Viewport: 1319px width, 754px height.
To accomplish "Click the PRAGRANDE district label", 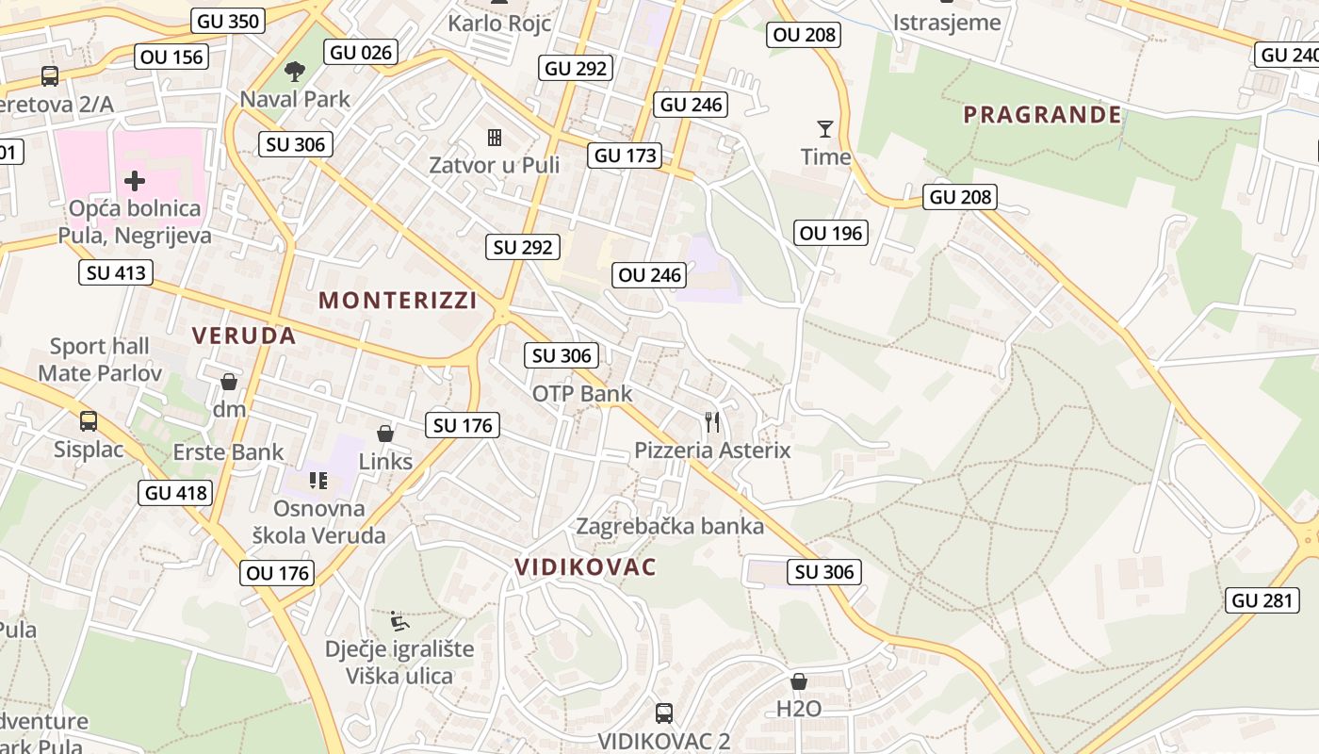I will (1042, 115).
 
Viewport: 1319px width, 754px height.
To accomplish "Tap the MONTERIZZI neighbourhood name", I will (398, 300).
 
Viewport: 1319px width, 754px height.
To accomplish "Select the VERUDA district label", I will (244, 336).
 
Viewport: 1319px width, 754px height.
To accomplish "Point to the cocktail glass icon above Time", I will (825, 129).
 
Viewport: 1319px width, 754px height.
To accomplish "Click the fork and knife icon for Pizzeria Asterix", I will (712, 421).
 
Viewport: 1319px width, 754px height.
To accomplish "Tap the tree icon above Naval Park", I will (295, 71).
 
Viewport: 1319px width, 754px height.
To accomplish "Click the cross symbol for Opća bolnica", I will (135, 180).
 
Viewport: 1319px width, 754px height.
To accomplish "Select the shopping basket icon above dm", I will (228, 382).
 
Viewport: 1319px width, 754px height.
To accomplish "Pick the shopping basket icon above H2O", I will (799, 681).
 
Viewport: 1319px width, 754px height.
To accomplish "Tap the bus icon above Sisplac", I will (89, 421).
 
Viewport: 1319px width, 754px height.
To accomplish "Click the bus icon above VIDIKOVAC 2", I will (664, 713).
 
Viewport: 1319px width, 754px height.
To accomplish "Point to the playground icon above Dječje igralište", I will (399, 622).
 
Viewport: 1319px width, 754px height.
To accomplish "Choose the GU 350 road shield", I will (228, 21).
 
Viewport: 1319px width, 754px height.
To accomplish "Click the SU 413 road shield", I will (116, 273).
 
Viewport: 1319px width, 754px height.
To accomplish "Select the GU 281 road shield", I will (1263, 600).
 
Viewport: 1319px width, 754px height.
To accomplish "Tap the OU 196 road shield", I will (830, 233).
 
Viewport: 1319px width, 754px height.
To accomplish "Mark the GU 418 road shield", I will (175, 492).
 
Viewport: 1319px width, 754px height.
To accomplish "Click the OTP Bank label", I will (582, 393).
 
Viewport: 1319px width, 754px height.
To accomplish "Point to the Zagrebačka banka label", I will (670, 526).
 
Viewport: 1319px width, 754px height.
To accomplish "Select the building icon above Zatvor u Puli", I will (494, 138).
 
